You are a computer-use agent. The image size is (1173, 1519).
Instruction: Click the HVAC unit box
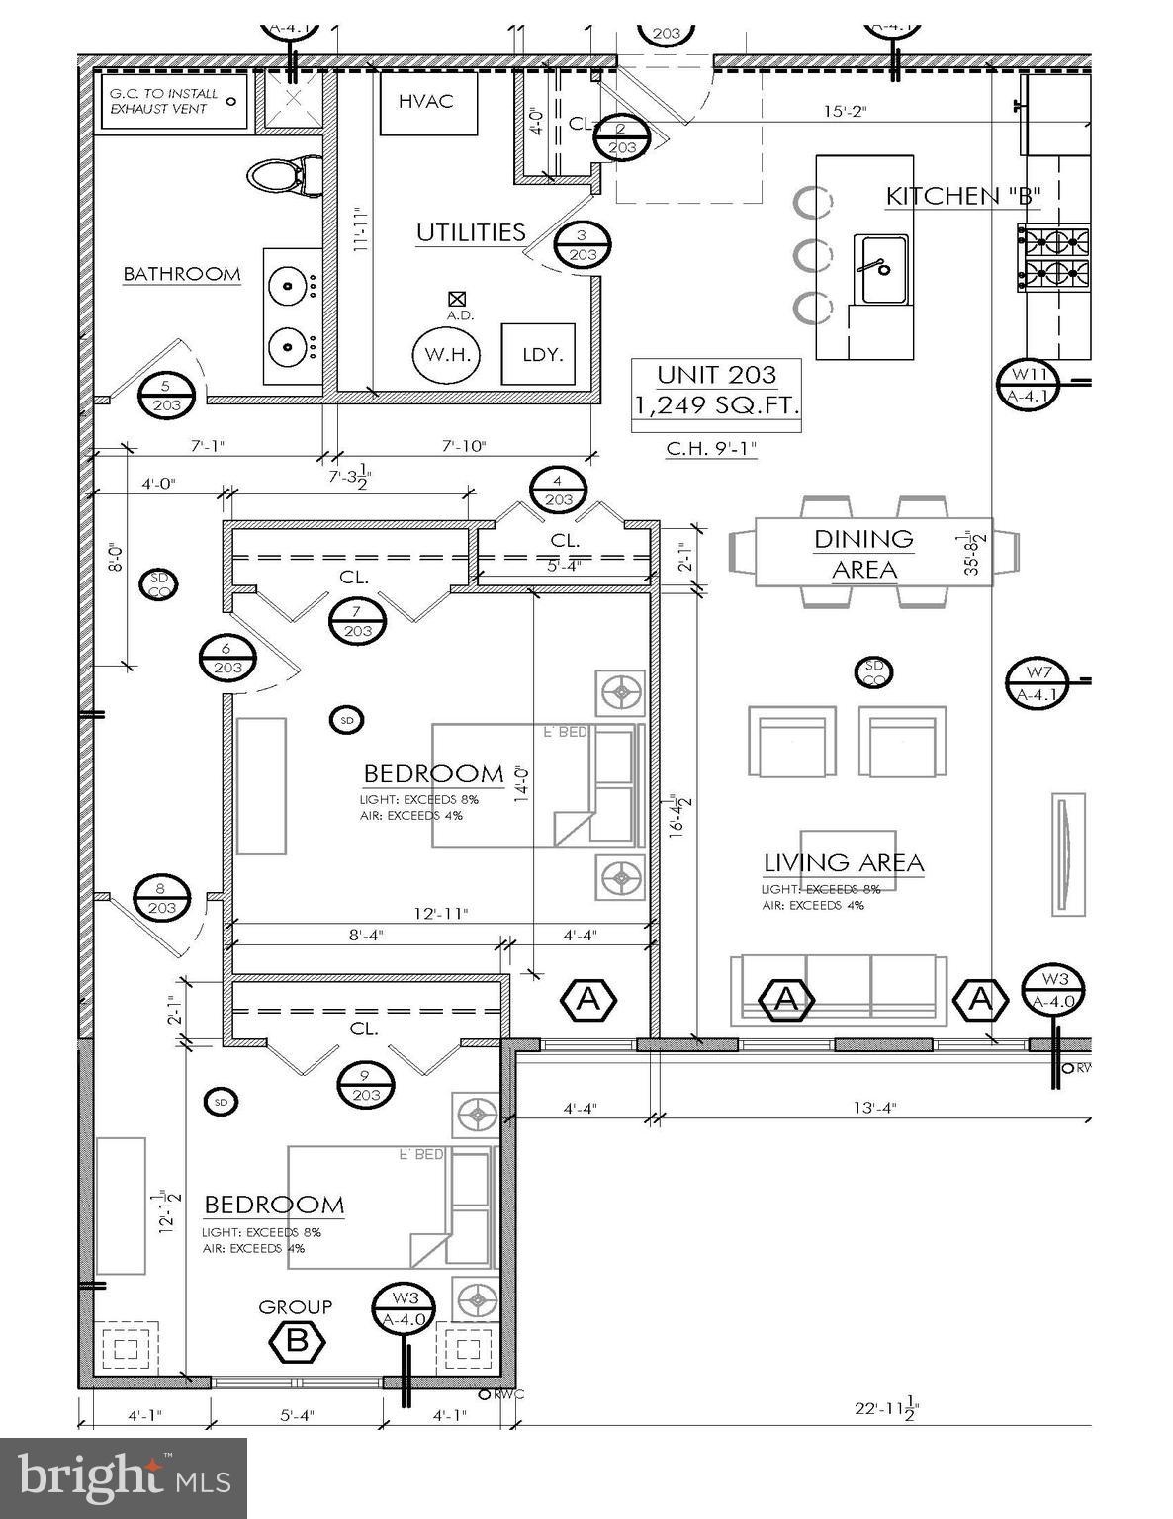[x=426, y=102]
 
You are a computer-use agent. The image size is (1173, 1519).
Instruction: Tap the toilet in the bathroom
[x=283, y=176]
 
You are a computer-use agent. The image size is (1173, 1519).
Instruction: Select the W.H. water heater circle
[x=447, y=354]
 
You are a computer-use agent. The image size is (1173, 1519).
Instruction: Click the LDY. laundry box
[x=542, y=354]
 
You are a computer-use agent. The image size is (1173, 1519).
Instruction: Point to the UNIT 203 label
[x=716, y=375]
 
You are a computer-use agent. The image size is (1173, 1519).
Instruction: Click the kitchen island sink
[x=880, y=268]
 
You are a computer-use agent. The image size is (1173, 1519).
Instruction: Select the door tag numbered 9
[x=366, y=1085]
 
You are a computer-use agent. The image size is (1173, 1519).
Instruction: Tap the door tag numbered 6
[x=227, y=658]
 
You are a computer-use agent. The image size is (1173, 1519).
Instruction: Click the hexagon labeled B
[x=297, y=1341]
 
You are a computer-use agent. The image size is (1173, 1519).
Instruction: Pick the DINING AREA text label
[x=863, y=554]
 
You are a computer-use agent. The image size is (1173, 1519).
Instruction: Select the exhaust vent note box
[x=173, y=101]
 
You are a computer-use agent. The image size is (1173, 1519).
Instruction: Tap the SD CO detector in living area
[x=873, y=671]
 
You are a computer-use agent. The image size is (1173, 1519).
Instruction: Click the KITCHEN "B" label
[x=962, y=196]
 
